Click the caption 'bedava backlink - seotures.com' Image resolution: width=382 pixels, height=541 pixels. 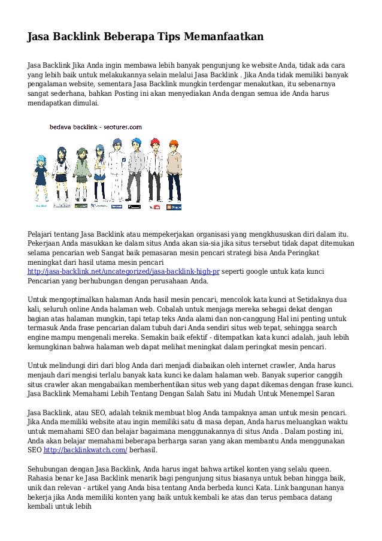[x=95, y=127]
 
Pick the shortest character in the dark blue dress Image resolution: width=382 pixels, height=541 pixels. [x=41, y=174]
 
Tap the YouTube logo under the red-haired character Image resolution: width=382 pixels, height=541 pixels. [x=157, y=207]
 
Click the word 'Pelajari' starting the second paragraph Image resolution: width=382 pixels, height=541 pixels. [x=43, y=234]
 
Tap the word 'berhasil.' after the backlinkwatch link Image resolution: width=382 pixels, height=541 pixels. [x=145, y=449]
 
